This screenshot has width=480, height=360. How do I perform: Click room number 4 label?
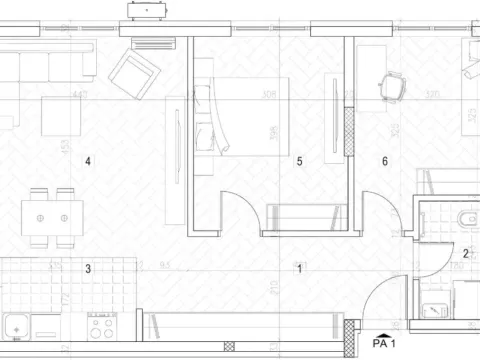(88, 161)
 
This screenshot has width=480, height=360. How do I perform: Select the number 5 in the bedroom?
(299, 160)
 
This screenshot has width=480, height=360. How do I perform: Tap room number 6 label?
(385, 160)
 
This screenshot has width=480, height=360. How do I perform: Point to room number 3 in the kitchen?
(88, 268)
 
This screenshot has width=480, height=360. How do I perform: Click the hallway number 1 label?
(299, 268)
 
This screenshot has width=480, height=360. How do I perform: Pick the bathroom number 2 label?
(466, 254)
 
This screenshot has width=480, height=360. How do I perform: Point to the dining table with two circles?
(52, 217)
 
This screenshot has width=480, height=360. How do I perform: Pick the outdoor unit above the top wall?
(149, 10)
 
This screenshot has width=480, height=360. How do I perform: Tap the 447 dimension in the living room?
(80, 96)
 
